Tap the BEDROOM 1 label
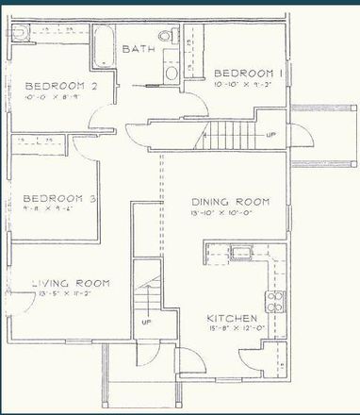pyautogui.click(x=249, y=74)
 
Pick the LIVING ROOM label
pyautogui.click(x=71, y=283)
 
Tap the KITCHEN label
pyautogui.click(x=234, y=319)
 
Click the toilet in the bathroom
pyautogui.click(x=167, y=37)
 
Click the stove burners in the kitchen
pyautogui.click(x=276, y=301)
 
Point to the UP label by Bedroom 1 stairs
pyautogui.click(x=271, y=135)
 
